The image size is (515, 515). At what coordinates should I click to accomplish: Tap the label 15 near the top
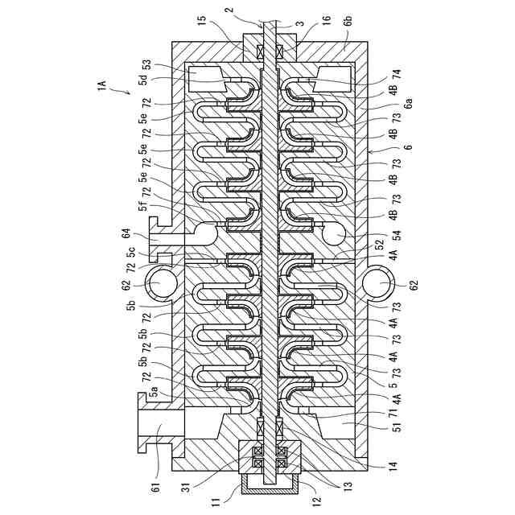coord(202,19)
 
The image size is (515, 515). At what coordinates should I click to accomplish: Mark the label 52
coord(379,248)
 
